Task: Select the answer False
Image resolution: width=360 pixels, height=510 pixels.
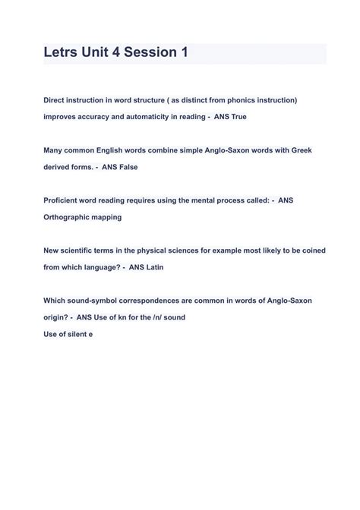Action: [125, 167]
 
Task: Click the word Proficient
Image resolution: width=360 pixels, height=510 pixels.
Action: [63, 200]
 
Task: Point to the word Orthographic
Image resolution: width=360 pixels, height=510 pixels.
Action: [68, 217]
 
